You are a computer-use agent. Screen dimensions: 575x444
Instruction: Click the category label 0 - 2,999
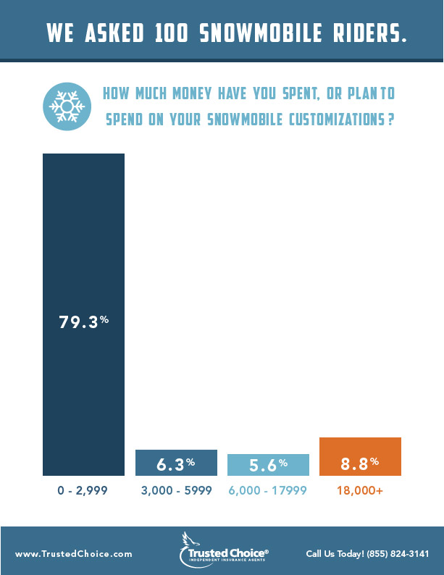tap(83, 490)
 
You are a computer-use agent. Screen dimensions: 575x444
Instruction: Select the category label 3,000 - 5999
tap(176, 490)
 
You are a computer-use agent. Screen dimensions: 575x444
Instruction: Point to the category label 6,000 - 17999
tap(268, 490)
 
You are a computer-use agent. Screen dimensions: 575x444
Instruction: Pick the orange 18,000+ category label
tap(360, 490)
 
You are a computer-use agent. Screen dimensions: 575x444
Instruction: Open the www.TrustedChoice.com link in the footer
tap(74, 554)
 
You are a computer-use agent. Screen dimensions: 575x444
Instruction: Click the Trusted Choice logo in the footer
tap(223, 550)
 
